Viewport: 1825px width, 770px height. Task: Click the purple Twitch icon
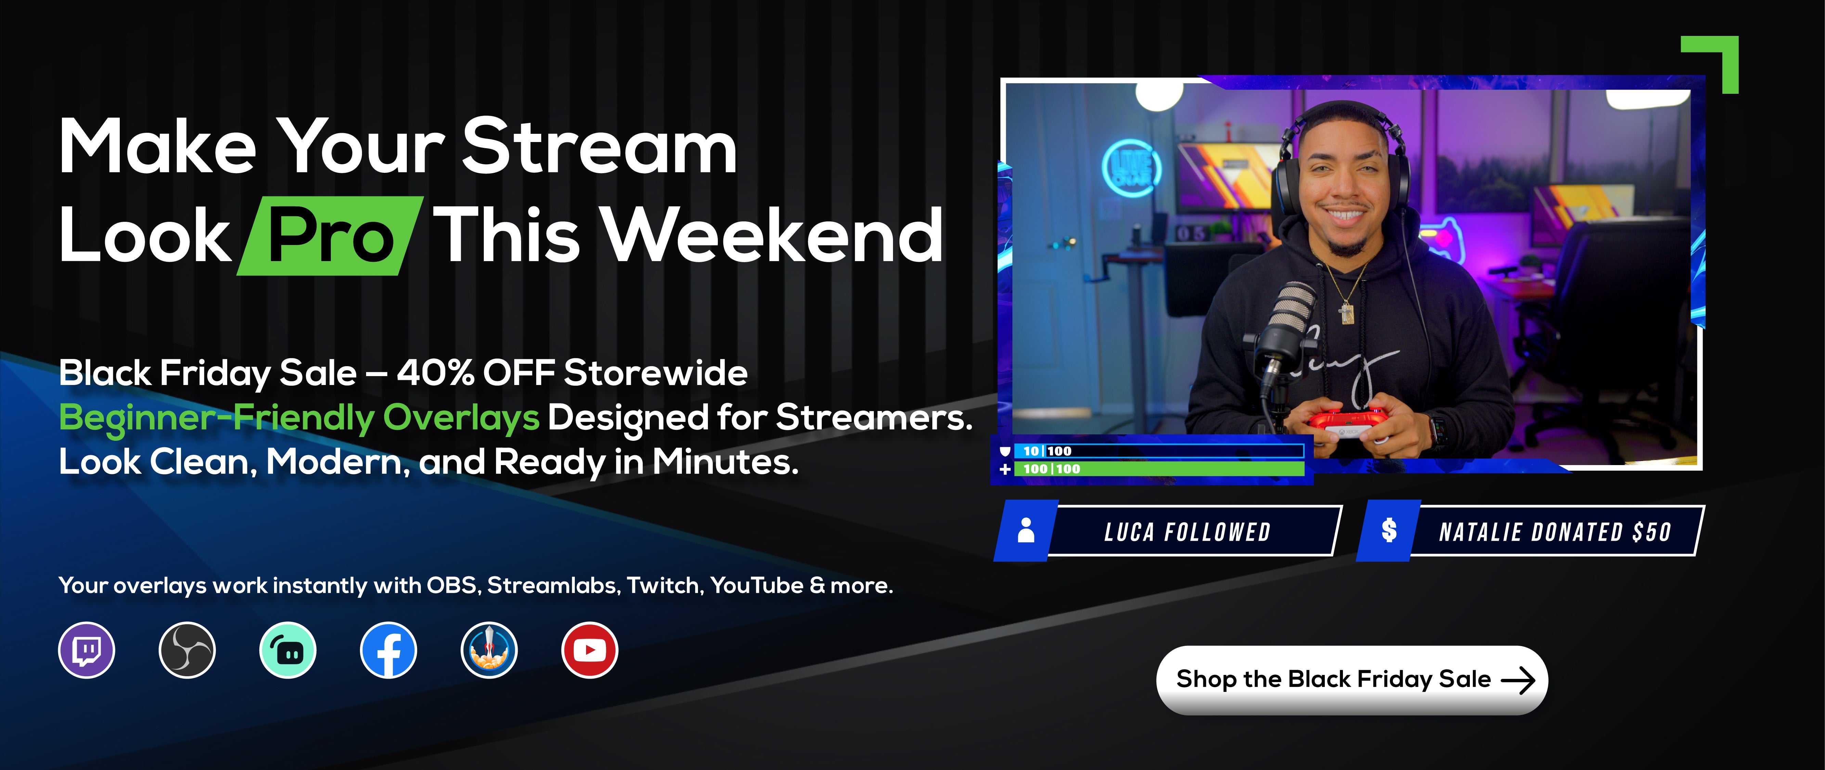(87, 650)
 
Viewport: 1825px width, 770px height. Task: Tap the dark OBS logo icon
(187, 650)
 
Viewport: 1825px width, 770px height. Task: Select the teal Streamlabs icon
(288, 650)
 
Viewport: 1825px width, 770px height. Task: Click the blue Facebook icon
(388, 650)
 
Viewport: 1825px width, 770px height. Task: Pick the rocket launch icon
(489, 650)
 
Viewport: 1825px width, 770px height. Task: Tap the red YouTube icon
(590, 650)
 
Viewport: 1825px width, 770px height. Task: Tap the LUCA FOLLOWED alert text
(1187, 532)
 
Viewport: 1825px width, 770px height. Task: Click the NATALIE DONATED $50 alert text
(1555, 532)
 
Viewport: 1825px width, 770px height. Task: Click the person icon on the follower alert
(1026, 530)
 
